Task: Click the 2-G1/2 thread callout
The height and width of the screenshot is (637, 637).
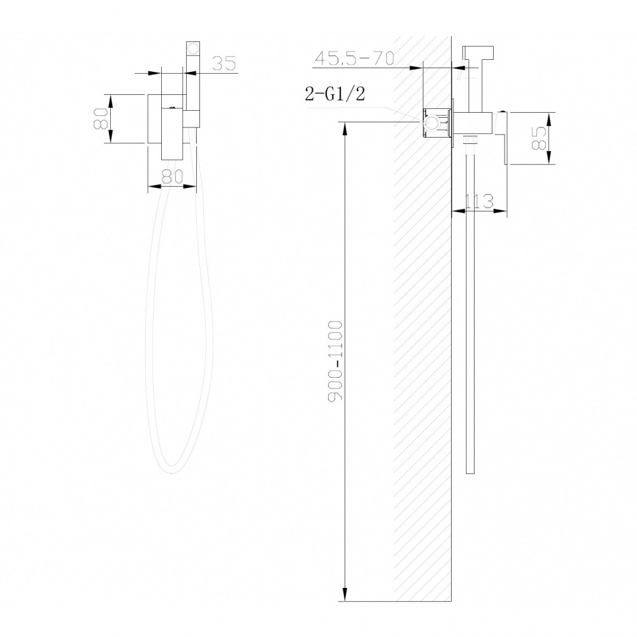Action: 335,95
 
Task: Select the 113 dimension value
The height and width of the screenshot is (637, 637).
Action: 480,202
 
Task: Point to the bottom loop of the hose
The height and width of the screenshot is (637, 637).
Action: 171,469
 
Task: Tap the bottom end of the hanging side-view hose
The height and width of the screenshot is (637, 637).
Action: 471,471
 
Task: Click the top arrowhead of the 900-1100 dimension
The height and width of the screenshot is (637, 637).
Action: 345,126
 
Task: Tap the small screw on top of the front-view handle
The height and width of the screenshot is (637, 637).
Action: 171,100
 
